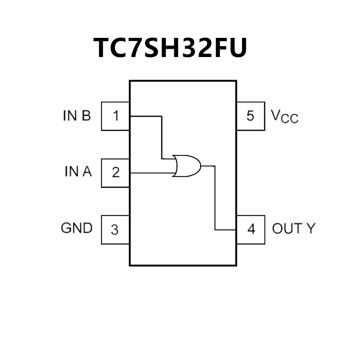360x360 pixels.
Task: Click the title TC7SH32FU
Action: pos(170,47)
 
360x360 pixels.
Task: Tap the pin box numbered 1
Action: pos(115,116)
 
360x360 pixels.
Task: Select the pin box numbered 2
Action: pos(115,173)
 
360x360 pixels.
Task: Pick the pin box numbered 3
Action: pos(115,229)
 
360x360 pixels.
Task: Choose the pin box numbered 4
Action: pos(251,229)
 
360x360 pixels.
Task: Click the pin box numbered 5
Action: pos(250,116)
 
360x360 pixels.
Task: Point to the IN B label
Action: pos(77,116)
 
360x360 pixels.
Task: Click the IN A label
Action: pos(78,172)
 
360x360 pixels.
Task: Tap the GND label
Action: pos(77,228)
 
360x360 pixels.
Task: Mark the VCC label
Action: pos(285,116)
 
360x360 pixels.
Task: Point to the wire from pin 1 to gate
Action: pos(162,135)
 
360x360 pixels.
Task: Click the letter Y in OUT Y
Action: pos(310,229)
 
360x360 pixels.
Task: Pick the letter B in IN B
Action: pos(86,116)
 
